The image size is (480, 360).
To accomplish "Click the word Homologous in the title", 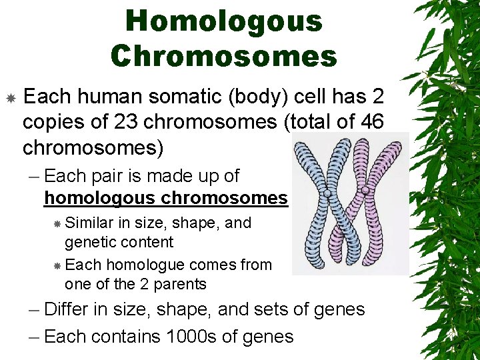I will [224, 21].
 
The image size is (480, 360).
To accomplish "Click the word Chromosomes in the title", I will [224, 56].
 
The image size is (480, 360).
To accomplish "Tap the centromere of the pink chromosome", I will [365, 191].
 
